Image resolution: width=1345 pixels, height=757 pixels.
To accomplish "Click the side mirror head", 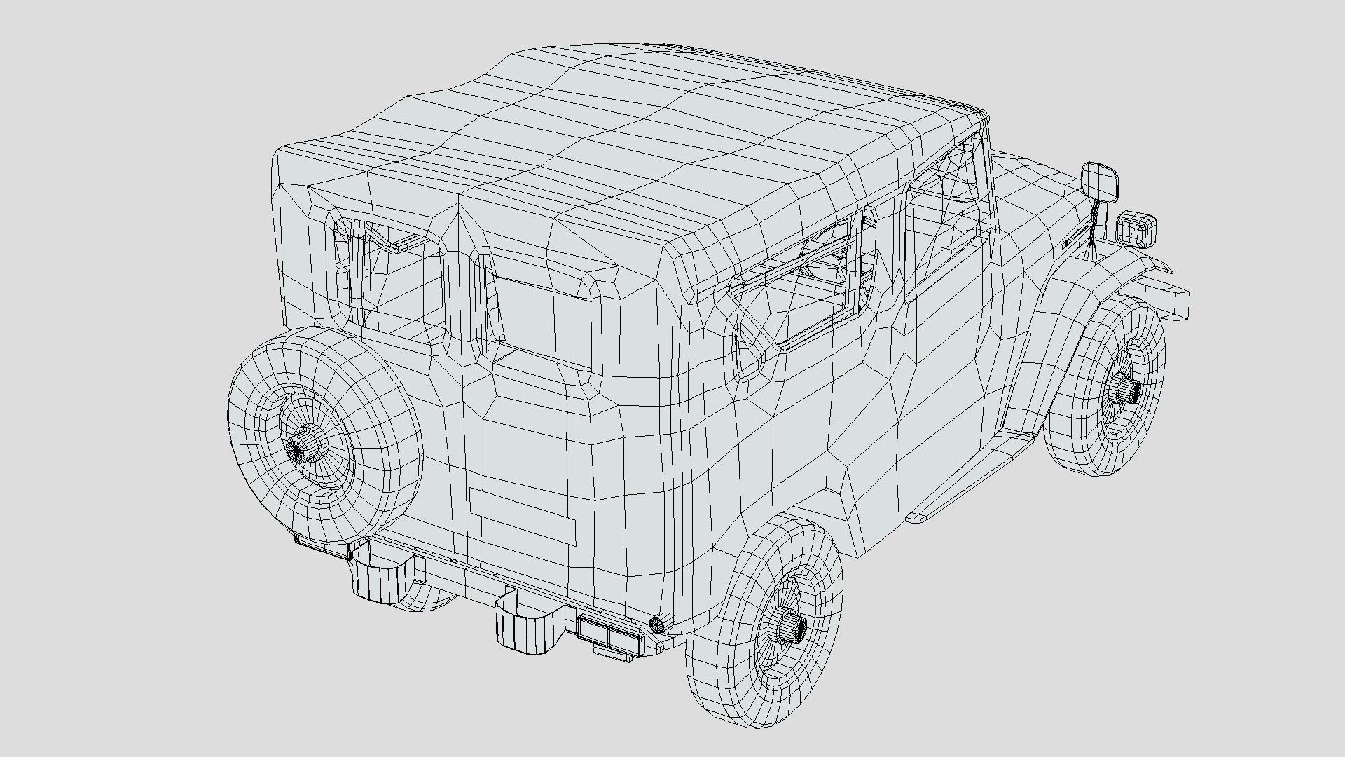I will coord(1099,181).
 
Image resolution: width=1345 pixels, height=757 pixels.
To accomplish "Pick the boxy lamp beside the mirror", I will coord(1136,228).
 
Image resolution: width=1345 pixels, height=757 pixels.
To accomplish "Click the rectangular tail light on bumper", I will coord(608,633).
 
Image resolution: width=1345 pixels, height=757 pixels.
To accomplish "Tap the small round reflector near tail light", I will coord(656,622).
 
